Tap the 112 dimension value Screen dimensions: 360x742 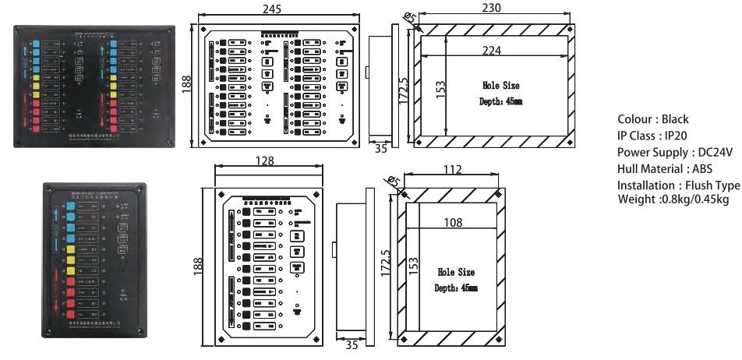[451, 169]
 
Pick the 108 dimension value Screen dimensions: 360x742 [452, 222]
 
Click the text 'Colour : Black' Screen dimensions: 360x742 [653, 119]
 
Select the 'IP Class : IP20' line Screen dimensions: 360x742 [648, 136]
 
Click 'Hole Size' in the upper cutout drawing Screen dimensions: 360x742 [500, 86]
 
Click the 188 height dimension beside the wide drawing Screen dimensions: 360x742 [186, 83]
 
